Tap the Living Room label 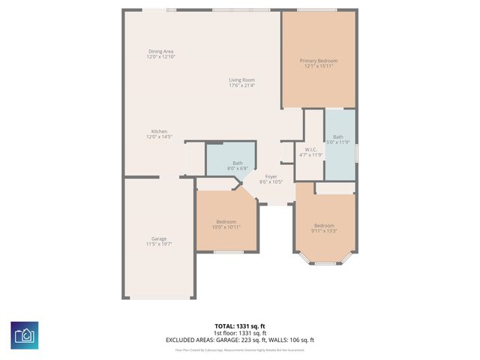coord(242,80)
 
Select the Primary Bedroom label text coord(319,61)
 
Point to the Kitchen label coord(159,131)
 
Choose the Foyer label coord(271,176)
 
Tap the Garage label coord(159,238)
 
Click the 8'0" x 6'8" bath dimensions coord(237,168)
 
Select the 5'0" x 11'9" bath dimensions coord(338,142)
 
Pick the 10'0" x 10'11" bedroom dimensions coord(226,226)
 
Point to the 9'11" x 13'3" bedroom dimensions coord(324,231)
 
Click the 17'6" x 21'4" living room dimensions coord(242,85)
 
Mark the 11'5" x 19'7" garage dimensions coord(159,244)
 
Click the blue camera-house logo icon coord(25,335)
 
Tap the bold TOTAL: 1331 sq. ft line coord(240,326)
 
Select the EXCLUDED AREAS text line coord(240,340)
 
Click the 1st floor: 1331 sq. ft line coord(240,333)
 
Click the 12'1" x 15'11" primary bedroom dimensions coord(319,66)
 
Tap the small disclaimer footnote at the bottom coord(240,349)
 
